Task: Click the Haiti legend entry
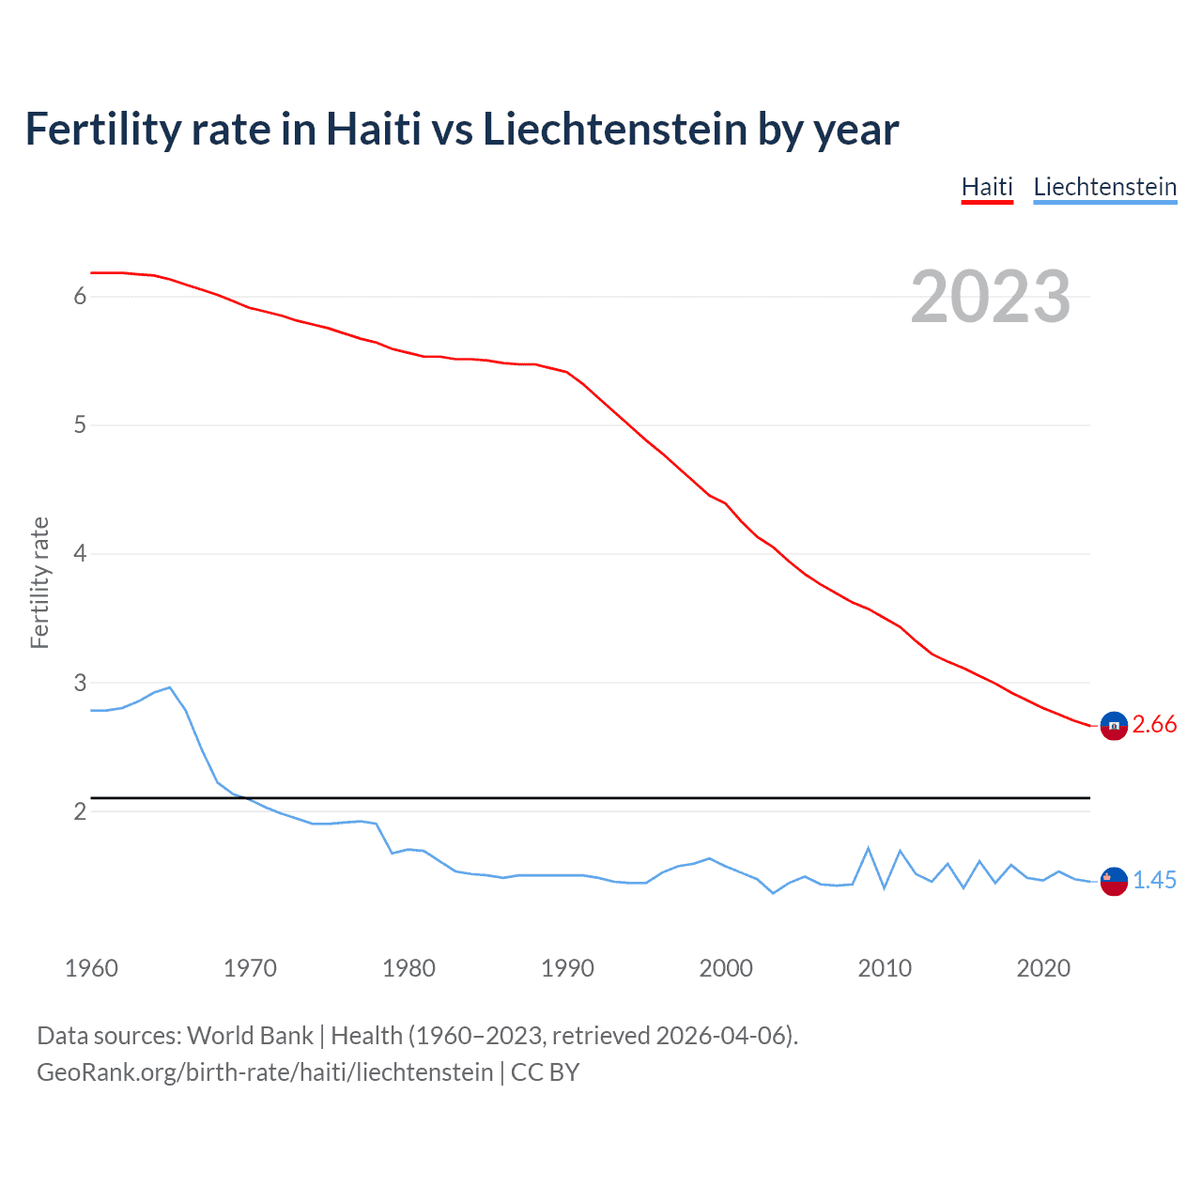pos(987,187)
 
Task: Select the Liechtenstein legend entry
pos(1104,187)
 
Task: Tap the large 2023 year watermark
pos(990,297)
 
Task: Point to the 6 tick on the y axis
pos(80,297)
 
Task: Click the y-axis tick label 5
pos(80,425)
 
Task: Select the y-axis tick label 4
pos(80,554)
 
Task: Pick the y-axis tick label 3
pos(80,683)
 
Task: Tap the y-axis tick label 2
pos(80,811)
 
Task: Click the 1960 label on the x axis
pos(91,968)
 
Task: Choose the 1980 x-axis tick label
pos(408,968)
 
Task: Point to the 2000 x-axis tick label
pos(726,968)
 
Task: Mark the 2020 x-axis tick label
pos(1043,968)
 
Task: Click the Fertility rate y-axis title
pos(39,582)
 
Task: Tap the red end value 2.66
pos(1154,724)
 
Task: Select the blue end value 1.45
pos(1154,880)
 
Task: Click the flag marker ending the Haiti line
pos(1114,726)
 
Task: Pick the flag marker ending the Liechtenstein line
pos(1114,881)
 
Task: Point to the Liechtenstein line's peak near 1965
pos(169,687)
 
